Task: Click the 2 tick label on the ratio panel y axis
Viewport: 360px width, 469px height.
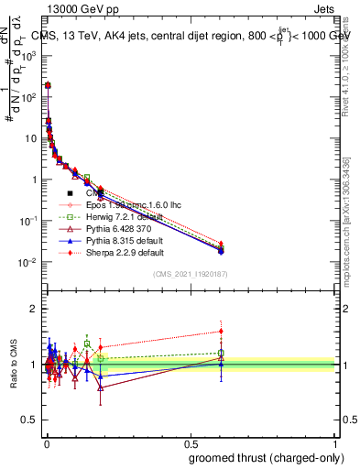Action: click(34, 308)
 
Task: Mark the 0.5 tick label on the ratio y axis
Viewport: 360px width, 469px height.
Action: click(29, 420)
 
